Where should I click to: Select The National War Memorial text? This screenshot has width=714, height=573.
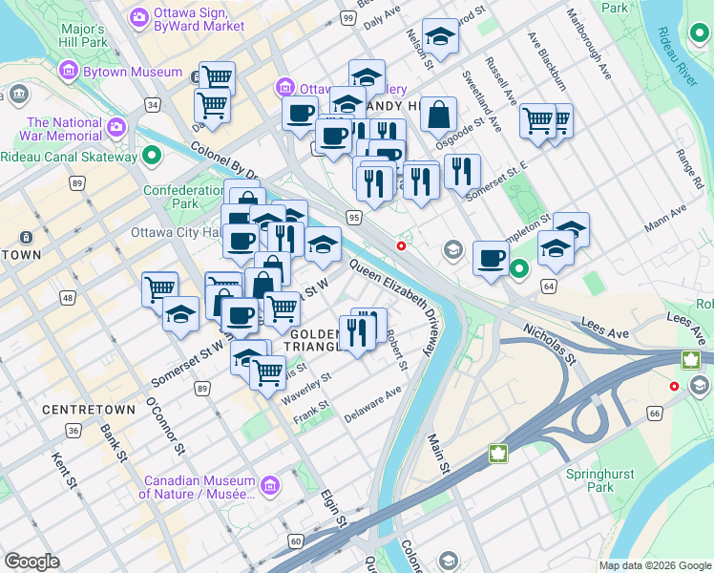[x=64, y=129]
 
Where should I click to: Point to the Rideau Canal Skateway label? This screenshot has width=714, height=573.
[x=69, y=157]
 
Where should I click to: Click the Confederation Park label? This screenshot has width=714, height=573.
[x=182, y=197]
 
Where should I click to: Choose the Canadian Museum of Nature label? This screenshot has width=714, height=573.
[x=197, y=487]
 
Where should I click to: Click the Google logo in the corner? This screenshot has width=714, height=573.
[x=31, y=562]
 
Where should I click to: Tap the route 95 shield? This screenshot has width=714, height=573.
[x=354, y=218]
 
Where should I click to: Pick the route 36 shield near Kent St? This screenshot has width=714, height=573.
[x=73, y=431]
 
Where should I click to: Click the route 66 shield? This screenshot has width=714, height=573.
[x=654, y=413]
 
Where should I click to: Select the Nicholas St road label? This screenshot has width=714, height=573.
[x=549, y=344]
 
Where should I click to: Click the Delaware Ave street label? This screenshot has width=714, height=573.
[x=373, y=399]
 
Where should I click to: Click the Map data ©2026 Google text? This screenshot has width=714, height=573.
[x=656, y=565]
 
